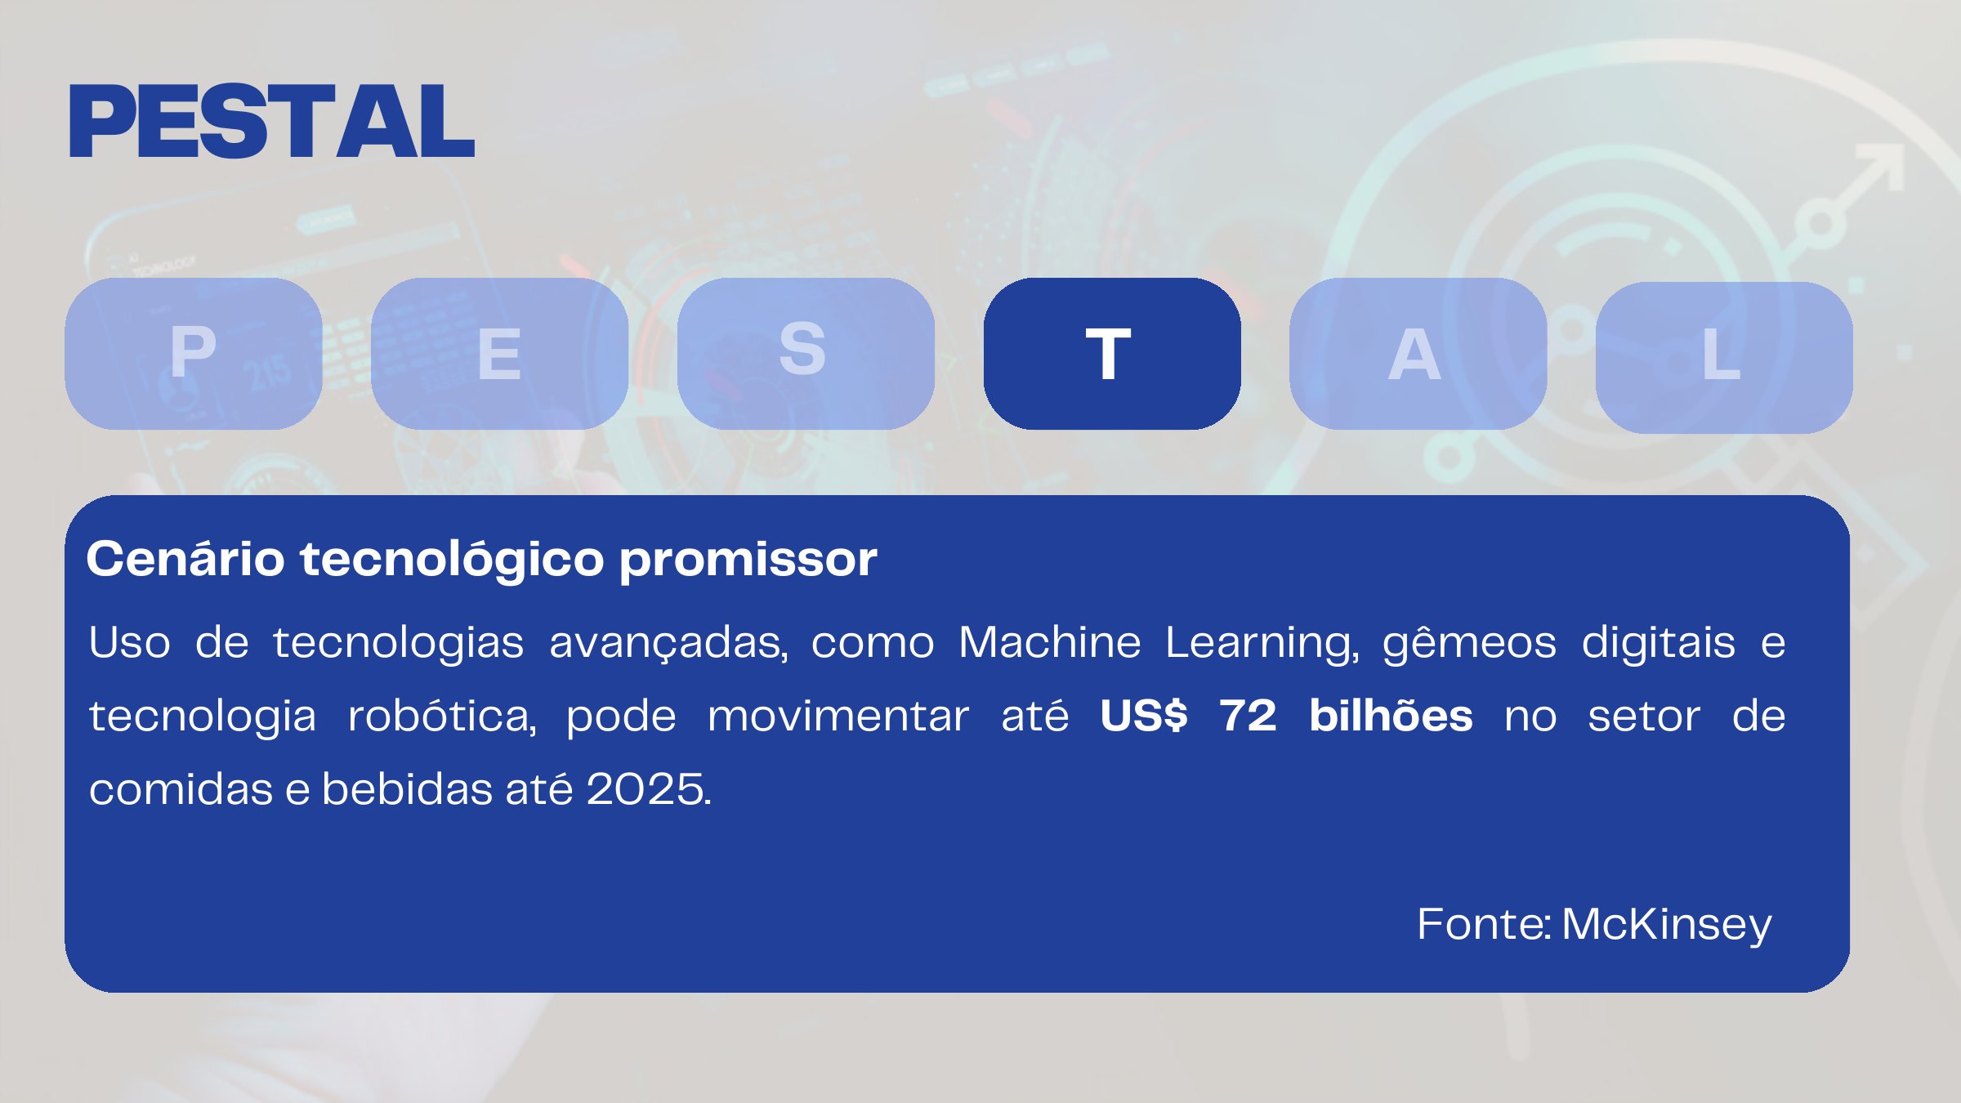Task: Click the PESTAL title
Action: click(272, 122)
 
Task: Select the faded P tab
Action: click(194, 353)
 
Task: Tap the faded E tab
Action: click(499, 353)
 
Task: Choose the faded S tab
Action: click(806, 353)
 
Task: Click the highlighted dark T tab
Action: click(1111, 353)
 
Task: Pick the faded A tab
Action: click(1418, 353)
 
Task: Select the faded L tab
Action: click(1723, 357)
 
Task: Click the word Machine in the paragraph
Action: click(1049, 642)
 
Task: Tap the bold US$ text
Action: click(1143, 717)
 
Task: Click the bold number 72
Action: click(1248, 717)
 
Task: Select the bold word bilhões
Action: click(1391, 716)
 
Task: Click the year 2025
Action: click(648, 789)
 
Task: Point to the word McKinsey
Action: click(1666, 925)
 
